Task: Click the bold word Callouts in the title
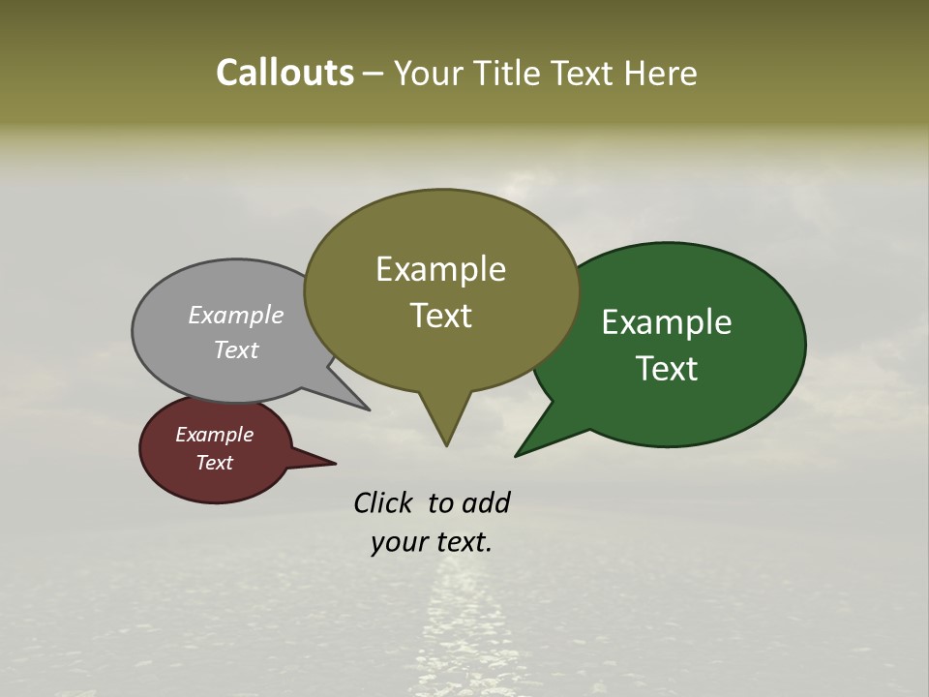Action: point(285,73)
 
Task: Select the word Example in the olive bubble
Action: point(440,269)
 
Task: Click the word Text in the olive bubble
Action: point(440,316)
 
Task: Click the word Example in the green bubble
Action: point(667,322)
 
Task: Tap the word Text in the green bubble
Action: point(667,369)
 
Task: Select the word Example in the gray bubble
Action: point(236,315)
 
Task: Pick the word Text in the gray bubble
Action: point(236,349)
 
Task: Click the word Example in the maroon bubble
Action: point(214,435)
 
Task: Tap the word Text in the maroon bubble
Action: point(214,463)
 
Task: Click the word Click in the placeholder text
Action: point(384,502)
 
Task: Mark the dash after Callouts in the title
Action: point(374,73)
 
